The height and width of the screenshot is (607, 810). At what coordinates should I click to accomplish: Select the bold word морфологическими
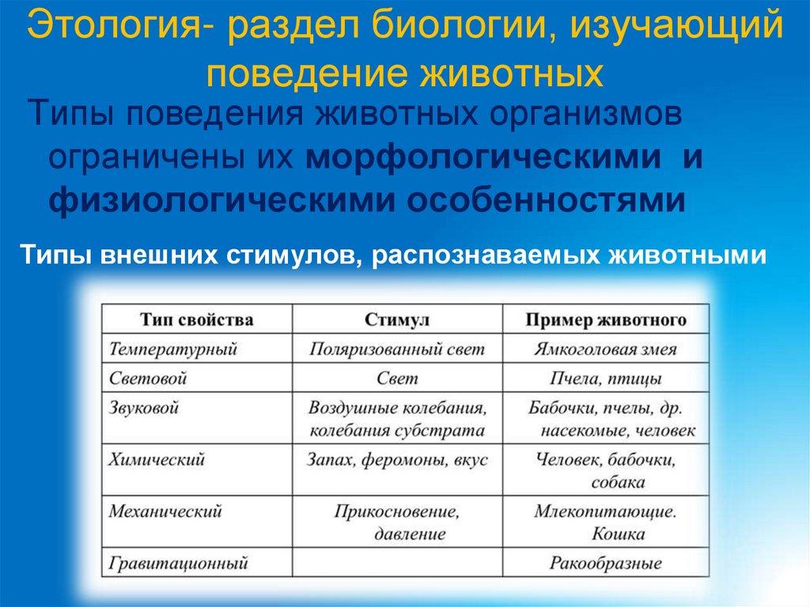point(483,157)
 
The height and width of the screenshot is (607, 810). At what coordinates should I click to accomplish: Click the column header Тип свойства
point(197,320)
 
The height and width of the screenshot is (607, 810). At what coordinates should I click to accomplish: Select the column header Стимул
point(397,320)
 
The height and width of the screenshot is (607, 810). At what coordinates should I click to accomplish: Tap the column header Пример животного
point(606,320)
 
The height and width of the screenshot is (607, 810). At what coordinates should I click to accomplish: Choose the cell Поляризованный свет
point(396,349)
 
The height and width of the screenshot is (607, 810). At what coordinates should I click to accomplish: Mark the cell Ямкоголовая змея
point(605,349)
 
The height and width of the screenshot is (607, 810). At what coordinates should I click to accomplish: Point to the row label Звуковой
point(145,408)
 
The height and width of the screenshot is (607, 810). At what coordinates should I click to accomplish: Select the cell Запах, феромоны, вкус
point(397,459)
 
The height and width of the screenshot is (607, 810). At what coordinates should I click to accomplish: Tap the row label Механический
point(165,511)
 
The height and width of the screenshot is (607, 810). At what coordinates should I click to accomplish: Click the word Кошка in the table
point(618,533)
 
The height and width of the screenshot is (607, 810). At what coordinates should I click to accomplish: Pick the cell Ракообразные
point(606,563)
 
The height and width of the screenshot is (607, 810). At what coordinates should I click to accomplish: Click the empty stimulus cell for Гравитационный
point(397,563)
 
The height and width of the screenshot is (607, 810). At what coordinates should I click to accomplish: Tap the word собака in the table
point(618,481)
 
